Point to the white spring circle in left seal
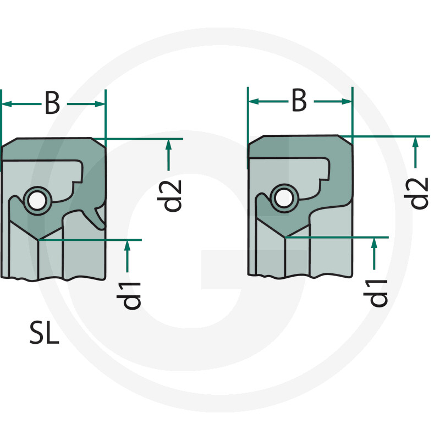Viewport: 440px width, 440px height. (37, 200)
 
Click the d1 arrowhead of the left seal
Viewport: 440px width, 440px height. (127, 245)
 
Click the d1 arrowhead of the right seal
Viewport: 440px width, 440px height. (375, 243)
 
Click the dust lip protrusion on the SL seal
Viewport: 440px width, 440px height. (101, 217)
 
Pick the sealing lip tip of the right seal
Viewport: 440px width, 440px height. (285, 237)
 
